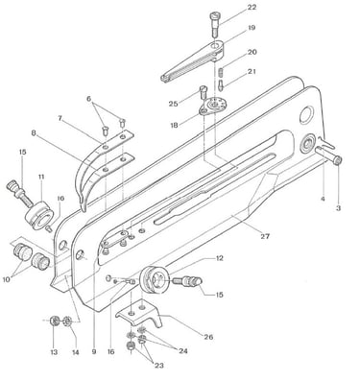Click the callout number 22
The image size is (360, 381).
(x=252, y=7)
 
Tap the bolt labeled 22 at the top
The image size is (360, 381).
(x=215, y=24)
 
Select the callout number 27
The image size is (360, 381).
(x=265, y=236)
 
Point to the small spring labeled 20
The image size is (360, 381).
(x=221, y=72)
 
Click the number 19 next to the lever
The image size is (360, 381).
(x=252, y=28)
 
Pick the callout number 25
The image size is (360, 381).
(x=174, y=104)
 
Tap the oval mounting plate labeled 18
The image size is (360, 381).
(x=212, y=107)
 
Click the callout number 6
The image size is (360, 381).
(x=89, y=99)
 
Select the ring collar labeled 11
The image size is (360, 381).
(x=38, y=215)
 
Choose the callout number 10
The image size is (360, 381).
(x=7, y=279)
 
